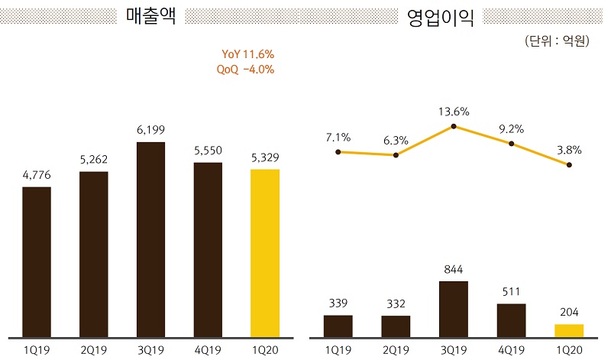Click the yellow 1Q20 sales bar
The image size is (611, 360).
[x=265, y=253]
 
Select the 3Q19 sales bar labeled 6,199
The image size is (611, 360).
[x=150, y=239]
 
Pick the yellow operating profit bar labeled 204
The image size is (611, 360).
[x=569, y=330]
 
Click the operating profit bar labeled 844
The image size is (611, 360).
[x=454, y=309]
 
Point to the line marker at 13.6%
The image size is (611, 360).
[x=454, y=126]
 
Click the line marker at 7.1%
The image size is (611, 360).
[x=338, y=152]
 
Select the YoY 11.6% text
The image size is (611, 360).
[x=247, y=54]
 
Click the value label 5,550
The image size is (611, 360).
[x=208, y=151]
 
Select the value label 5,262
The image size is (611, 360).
[x=94, y=161]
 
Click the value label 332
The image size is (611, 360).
[x=396, y=304]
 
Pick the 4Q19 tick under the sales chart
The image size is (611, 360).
[x=208, y=349]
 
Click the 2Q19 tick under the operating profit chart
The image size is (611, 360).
[x=396, y=349]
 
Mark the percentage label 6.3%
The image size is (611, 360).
[x=396, y=140]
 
